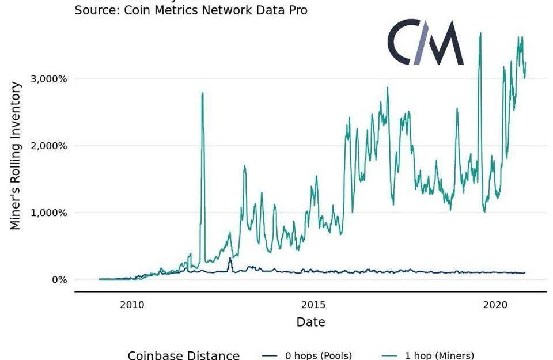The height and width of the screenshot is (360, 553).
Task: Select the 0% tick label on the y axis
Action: coord(59,280)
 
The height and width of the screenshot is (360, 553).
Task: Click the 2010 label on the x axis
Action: coord(132,304)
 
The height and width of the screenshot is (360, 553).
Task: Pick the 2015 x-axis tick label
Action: coord(314,304)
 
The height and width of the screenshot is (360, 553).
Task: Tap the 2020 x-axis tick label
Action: coord(496,304)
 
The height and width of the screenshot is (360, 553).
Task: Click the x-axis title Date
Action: coord(310,322)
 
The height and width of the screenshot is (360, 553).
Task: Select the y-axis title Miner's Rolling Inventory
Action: coord(16,156)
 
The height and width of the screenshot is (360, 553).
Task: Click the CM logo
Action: coord(425,43)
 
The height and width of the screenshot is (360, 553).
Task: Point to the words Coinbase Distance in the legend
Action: coord(183,355)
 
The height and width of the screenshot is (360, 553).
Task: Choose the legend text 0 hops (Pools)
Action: coord(319,355)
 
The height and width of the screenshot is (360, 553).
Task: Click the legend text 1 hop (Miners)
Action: coord(439,355)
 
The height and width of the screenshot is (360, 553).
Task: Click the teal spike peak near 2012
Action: coord(202,93)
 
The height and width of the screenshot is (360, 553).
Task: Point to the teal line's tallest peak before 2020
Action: coord(480,33)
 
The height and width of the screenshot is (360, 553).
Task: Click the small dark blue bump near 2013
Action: coord(230,259)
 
